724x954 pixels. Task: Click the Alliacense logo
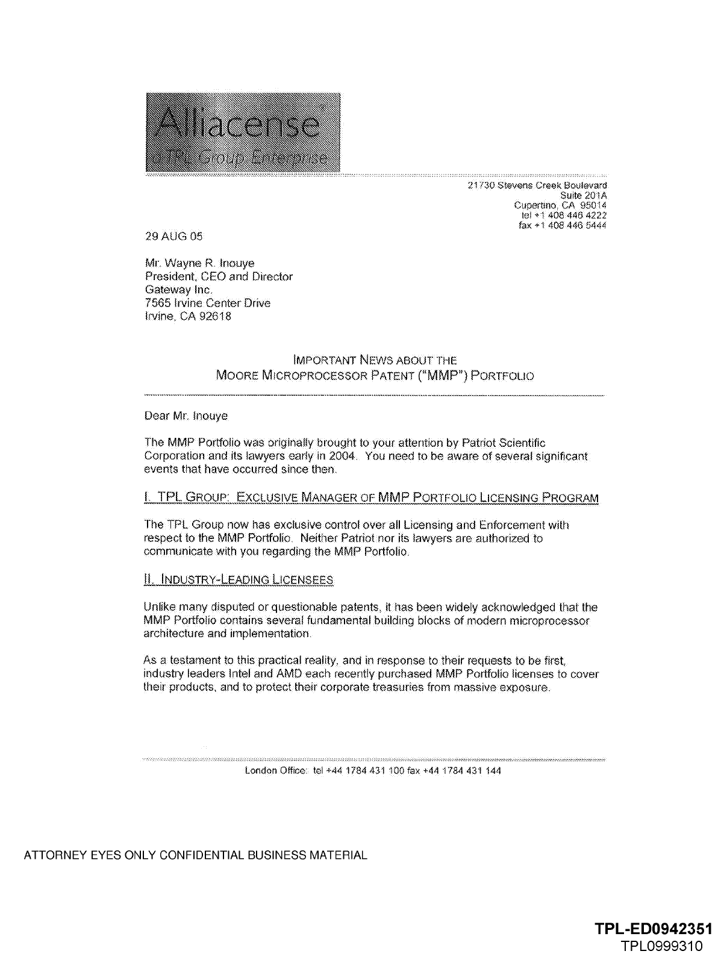pyautogui.click(x=243, y=132)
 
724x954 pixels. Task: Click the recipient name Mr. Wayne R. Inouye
pyautogui.click(x=199, y=263)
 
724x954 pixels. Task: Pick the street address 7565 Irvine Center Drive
pyautogui.click(x=208, y=303)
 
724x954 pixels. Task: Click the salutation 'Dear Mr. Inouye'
pyautogui.click(x=186, y=416)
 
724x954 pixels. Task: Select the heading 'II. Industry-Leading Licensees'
pyautogui.click(x=239, y=580)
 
